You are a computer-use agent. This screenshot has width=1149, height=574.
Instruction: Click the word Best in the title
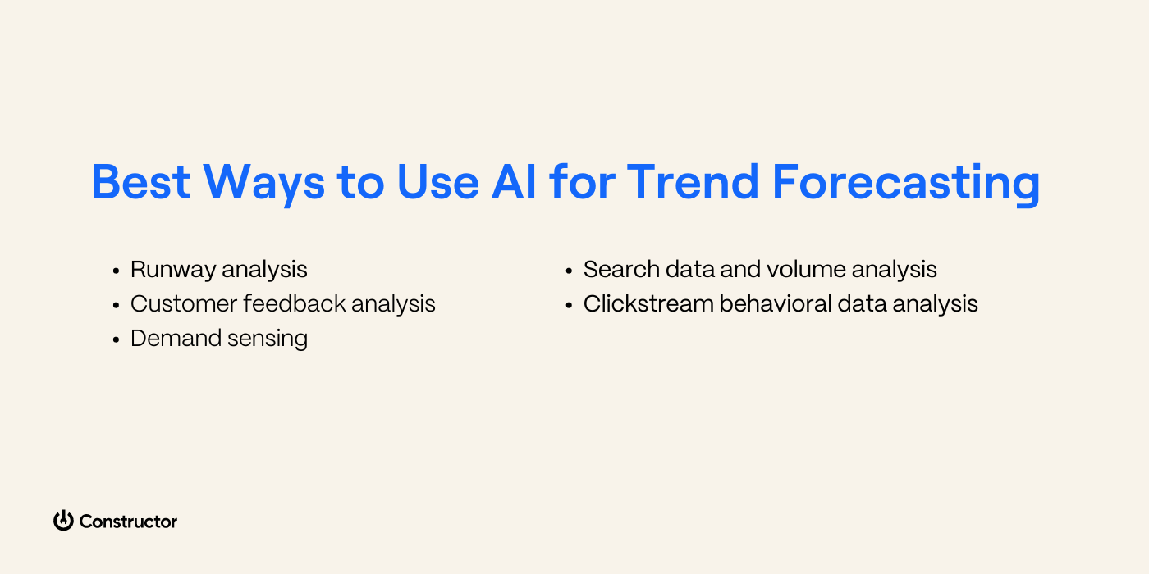tap(140, 182)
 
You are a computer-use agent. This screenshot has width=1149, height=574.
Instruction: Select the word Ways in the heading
tap(263, 182)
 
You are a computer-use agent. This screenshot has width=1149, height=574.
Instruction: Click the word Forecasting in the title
tap(906, 184)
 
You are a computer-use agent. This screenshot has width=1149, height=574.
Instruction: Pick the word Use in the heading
tap(437, 182)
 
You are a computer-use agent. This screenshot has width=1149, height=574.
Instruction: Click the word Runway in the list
tap(173, 270)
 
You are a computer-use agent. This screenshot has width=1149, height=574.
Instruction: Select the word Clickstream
tap(648, 303)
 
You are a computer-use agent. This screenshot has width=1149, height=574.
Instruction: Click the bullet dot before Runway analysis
tap(116, 271)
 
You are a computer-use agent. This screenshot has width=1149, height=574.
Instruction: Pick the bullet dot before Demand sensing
tap(116, 339)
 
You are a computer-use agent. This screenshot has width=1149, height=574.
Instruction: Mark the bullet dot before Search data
tap(569, 271)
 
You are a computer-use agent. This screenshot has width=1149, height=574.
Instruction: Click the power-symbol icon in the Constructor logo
tap(63, 521)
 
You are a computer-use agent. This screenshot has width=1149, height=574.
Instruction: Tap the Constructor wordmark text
tap(128, 522)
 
